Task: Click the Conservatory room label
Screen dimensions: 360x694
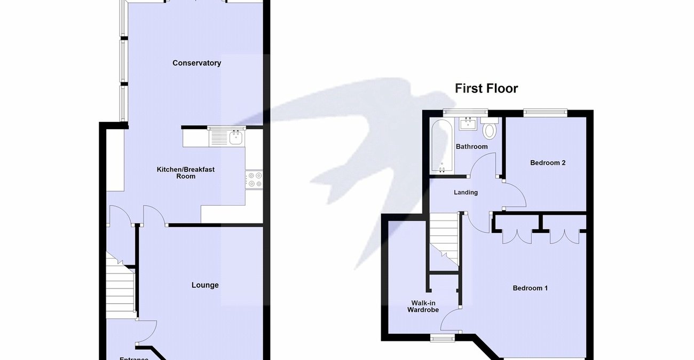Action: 196,63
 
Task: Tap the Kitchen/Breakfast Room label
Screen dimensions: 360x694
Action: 185,173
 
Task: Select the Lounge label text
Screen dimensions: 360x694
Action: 205,285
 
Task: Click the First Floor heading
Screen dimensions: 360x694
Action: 486,88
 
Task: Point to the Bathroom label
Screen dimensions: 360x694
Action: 471,147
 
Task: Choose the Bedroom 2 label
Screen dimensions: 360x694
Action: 548,163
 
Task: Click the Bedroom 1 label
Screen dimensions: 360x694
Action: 530,288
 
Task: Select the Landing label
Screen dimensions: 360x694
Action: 466,192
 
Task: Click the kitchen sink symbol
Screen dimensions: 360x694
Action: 235,138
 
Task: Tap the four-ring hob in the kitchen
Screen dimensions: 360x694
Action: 254,179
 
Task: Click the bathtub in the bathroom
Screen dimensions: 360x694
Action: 443,146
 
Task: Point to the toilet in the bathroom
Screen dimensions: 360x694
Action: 489,130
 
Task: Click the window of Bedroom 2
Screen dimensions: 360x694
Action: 545,112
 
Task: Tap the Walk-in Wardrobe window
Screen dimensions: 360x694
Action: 443,337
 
